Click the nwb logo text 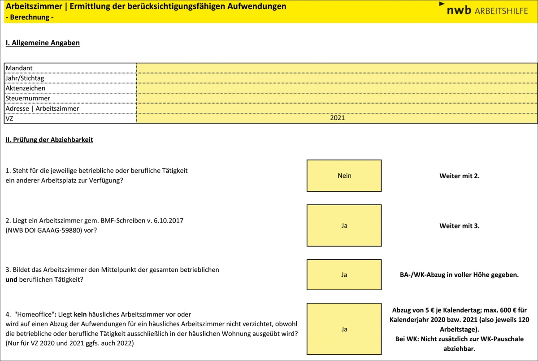coord(459,10)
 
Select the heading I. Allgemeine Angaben coord(43,43)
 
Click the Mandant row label coord(19,68)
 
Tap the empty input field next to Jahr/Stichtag coord(337,78)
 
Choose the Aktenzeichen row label coord(25,88)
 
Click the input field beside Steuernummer coord(337,98)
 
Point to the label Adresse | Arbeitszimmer coord(42,108)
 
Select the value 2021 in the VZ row coord(337,118)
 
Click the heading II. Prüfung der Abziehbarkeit coord(49,140)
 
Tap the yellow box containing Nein coord(344,176)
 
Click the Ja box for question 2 coord(344,226)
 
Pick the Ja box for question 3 coord(344,275)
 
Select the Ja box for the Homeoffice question coord(344,329)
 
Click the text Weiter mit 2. coord(459,176)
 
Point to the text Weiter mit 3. coord(459,226)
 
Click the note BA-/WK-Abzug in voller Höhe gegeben coord(459,275)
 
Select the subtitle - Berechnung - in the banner coord(29,17)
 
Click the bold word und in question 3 coord(11,279)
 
